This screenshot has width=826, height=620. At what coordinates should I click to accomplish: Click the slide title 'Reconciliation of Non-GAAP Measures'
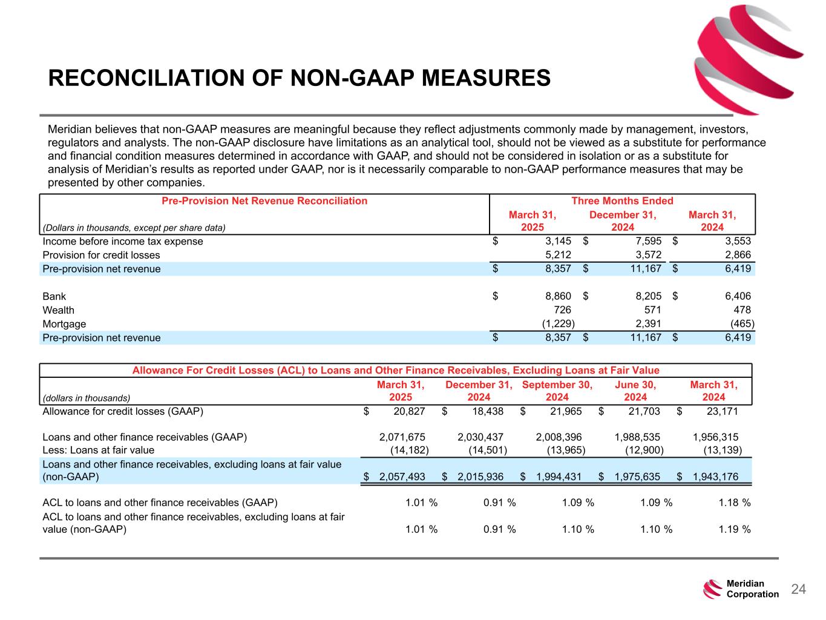tap(299, 78)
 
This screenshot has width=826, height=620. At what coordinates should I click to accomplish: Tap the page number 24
tap(799, 589)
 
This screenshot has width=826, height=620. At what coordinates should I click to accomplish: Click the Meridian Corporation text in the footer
tap(752, 589)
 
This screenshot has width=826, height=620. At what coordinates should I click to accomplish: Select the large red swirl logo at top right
tap(747, 58)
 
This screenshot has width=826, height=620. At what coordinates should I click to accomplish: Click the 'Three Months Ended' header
tap(622, 201)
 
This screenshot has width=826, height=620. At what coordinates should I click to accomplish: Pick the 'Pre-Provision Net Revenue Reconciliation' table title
tap(264, 201)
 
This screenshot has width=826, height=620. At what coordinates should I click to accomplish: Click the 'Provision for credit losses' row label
tap(101, 255)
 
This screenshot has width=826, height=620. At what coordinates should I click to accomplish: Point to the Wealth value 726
tap(562, 310)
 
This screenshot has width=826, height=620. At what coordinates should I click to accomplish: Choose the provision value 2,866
tap(738, 255)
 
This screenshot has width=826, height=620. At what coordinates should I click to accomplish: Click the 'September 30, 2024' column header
tap(557, 391)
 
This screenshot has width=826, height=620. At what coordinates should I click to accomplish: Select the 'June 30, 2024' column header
tap(635, 391)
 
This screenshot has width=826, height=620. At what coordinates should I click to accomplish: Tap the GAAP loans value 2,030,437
tap(480, 437)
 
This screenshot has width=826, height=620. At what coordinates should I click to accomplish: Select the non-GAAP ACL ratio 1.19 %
tap(735, 529)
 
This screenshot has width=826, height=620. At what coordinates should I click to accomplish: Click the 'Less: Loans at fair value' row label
tap(98, 450)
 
